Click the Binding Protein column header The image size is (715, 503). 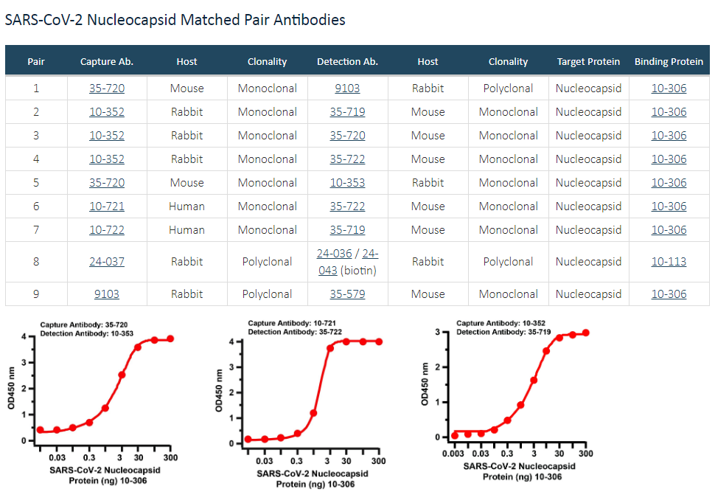coord(669,61)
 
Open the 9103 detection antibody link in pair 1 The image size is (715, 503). coord(347,89)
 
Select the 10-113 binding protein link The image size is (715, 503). coord(669,262)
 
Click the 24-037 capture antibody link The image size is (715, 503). coord(107,262)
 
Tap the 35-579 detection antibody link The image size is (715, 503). coord(347,294)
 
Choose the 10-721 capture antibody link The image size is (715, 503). coord(107,207)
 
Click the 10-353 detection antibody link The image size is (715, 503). coord(347,183)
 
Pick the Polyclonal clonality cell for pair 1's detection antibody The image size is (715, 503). coord(508,89)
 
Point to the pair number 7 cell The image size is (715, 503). coord(36,230)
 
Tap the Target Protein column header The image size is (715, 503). coord(588,61)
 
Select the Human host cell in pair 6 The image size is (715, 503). coord(186,207)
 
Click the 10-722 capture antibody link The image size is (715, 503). coord(107,230)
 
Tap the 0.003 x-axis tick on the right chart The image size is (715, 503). coord(455,453)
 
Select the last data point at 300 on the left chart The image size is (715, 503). coord(170,339)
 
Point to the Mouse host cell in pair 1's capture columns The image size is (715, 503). coord(186,89)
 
